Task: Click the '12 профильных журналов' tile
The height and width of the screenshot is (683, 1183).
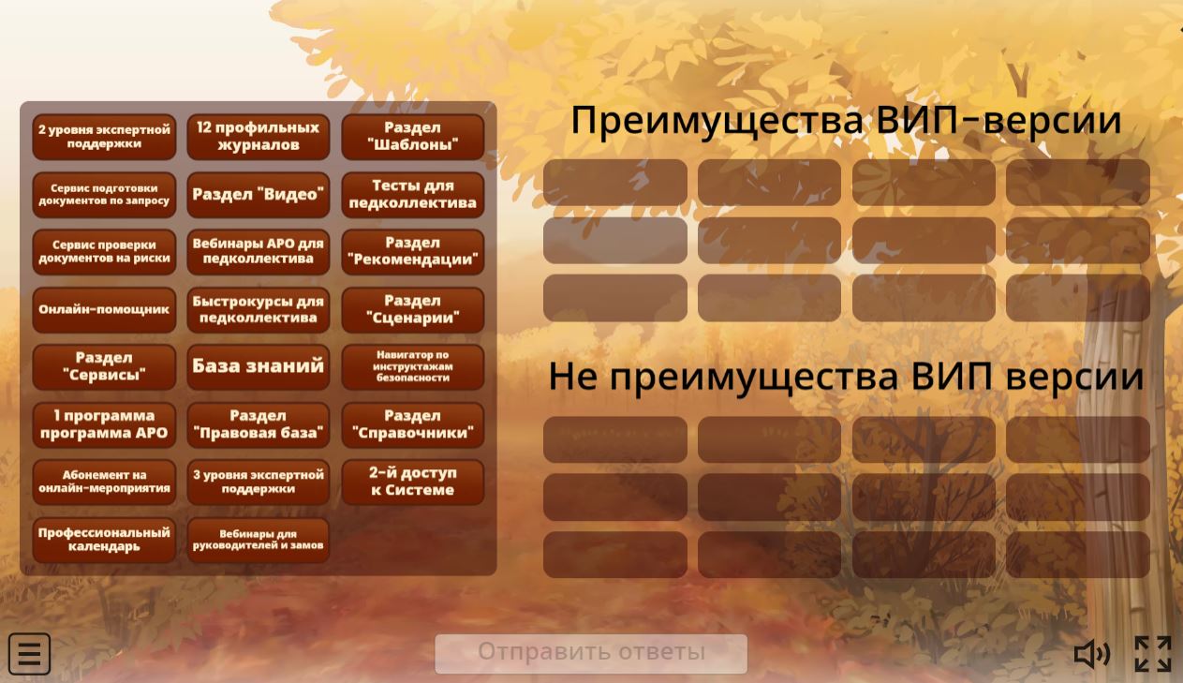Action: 259,136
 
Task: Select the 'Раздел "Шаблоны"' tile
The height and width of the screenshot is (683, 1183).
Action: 413,136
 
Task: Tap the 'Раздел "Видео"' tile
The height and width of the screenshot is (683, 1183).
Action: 259,194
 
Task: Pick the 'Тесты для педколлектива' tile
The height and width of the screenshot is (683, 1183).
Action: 413,194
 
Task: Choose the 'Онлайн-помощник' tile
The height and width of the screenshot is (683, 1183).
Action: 104,309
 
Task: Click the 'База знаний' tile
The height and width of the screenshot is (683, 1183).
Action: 259,366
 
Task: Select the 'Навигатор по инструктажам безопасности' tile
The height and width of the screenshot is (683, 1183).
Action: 413,366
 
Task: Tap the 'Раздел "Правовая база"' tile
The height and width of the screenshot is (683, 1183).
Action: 259,424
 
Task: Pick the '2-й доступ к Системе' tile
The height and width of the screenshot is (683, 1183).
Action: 413,482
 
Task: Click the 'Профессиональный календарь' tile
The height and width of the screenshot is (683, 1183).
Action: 104,540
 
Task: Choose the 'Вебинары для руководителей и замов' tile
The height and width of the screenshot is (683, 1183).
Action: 259,540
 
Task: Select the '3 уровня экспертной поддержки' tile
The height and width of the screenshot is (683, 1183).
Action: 259,482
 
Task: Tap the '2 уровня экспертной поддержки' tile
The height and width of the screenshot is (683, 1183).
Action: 104,136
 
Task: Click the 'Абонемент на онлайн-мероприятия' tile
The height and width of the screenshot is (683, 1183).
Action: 104,482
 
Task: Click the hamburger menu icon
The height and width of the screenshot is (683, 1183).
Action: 30,654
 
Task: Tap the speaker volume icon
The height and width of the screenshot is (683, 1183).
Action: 1091,654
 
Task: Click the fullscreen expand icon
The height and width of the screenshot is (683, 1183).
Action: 1153,654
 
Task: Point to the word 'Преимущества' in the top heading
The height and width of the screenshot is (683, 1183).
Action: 717,122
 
